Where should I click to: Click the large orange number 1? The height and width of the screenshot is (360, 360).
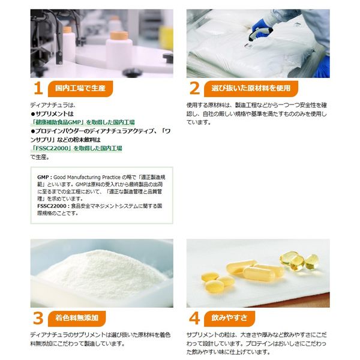(37, 88)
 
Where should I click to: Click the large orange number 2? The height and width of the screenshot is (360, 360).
(194, 88)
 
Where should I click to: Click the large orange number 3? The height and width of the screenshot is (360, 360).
(37, 317)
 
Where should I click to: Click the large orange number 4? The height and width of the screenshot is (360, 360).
(194, 317)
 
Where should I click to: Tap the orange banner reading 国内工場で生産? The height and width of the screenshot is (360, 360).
(80, 88)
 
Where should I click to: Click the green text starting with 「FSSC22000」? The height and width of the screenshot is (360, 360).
(77, 147)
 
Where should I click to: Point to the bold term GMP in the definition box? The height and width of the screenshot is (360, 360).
(43, 178)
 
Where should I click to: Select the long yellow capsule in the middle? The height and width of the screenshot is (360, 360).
(263, 272)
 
